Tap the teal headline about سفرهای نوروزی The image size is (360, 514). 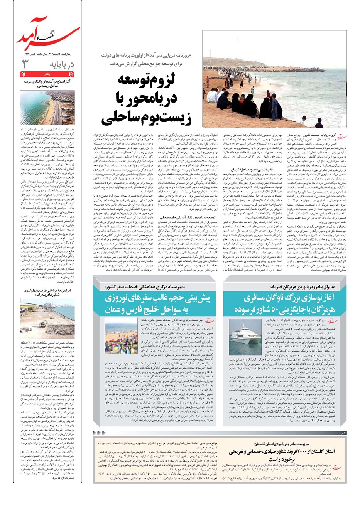pyautogui.click(x=158, y=304)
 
